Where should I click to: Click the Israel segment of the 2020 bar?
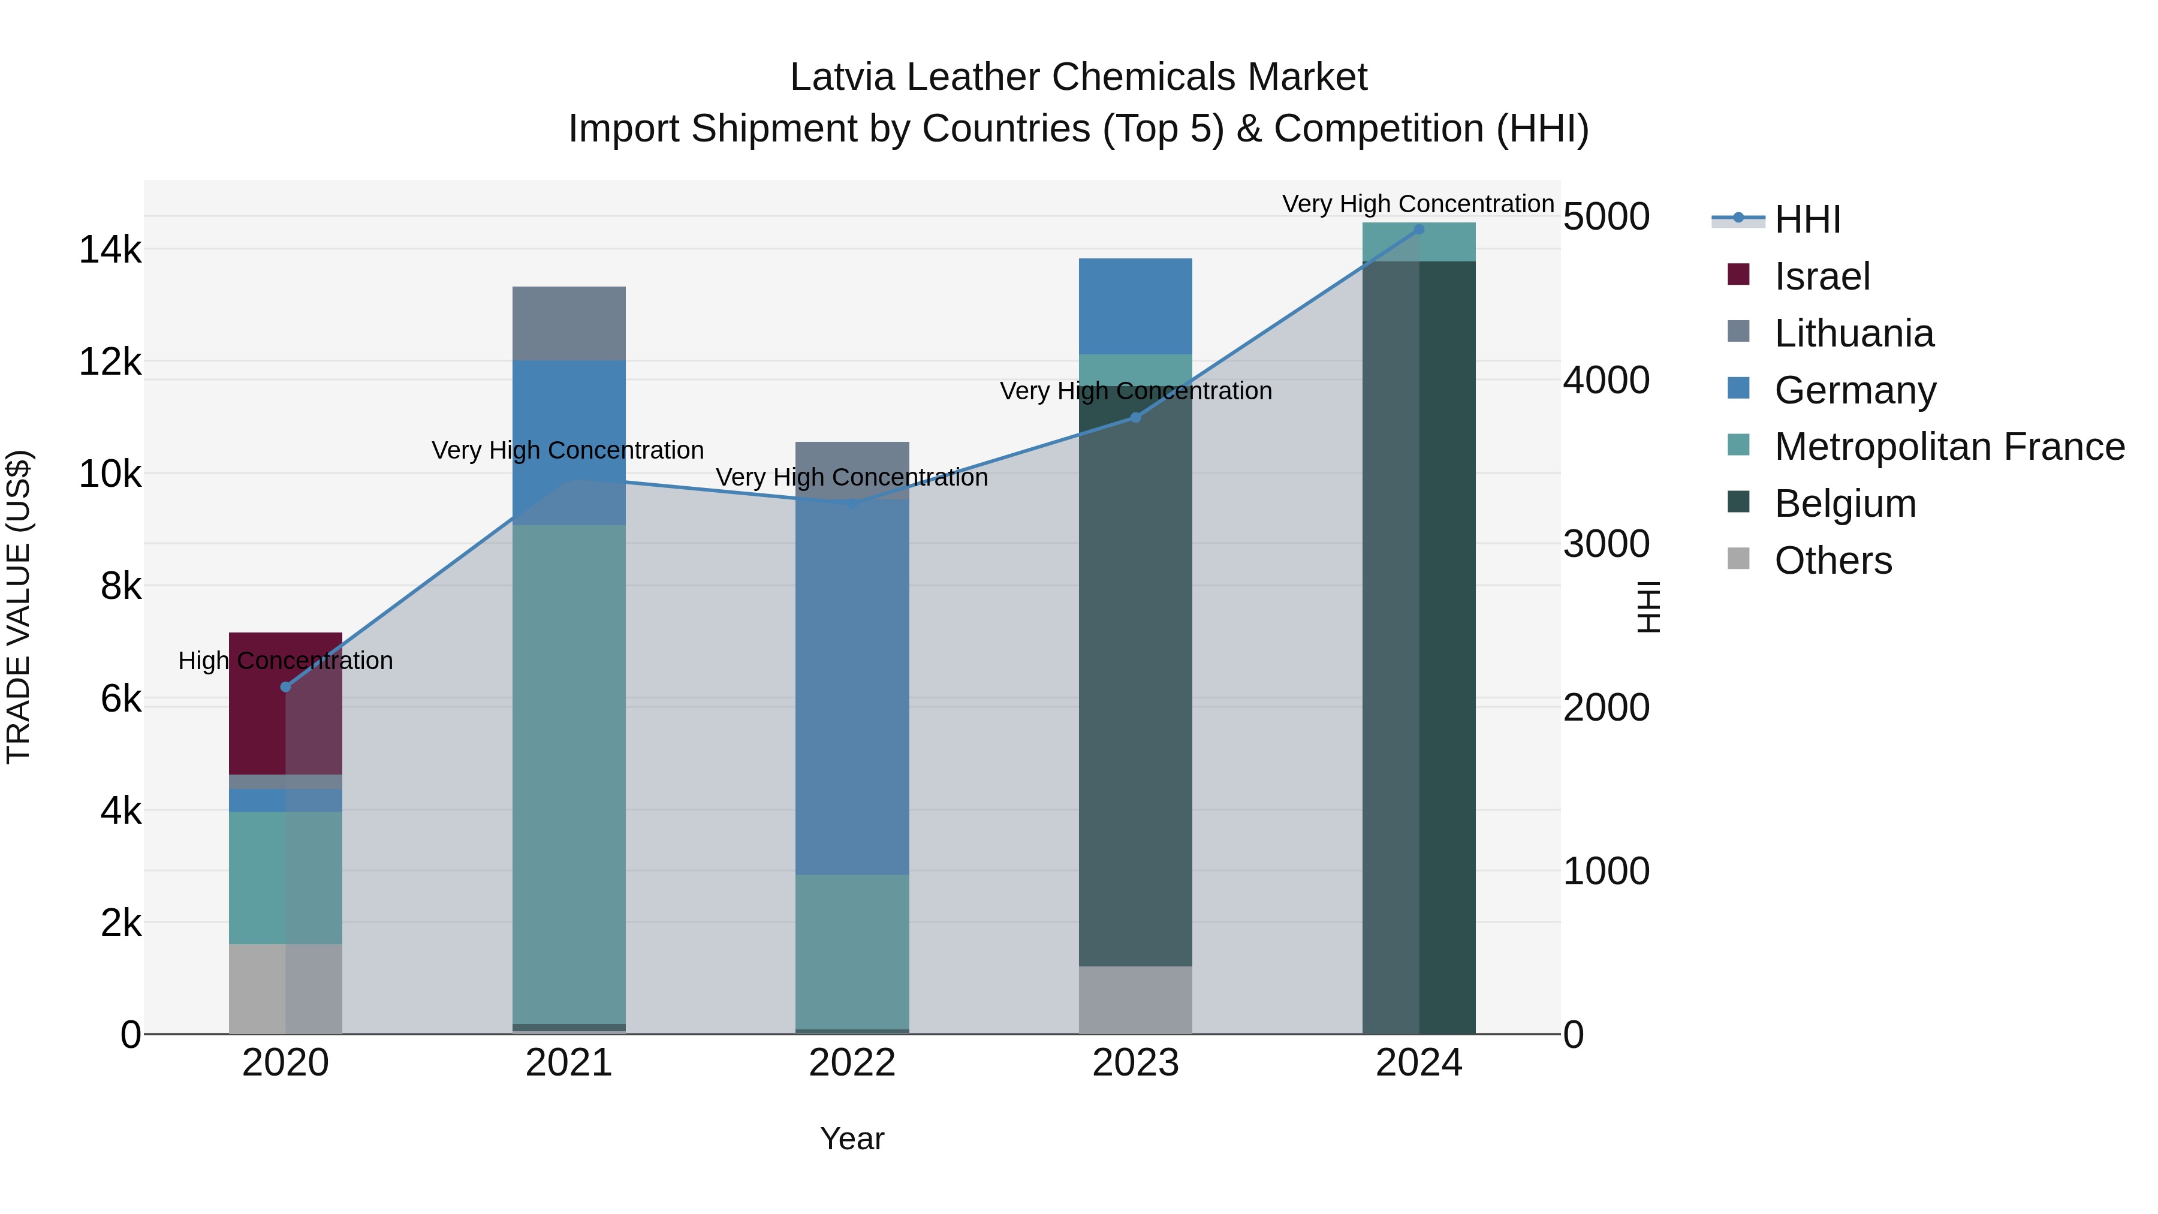[x=285, y=703]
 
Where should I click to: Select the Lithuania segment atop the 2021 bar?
[x=569, y=323]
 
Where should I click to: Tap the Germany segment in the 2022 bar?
[x=852, y=687]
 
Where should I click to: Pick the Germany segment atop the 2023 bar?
[x=1135, y=306]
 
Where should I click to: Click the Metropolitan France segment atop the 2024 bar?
[x=1418, y=242]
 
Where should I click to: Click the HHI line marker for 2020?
[x=286, y=687]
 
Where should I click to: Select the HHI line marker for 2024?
[x=1418, y=229]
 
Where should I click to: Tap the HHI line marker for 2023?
[x=1135, y=417]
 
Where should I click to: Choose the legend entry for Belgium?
[x=1844, y=504]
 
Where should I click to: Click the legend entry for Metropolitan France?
[x=1949, y=447]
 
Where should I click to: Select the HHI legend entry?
[x=1806, y=219]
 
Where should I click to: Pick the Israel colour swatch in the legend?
[x=1738, y=275]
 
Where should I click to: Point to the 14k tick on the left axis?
[x=110, y=249]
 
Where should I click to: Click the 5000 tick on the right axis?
[x=1606, y=217]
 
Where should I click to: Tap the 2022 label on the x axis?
[x=852, y=1063]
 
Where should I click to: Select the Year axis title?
[x=852, y=1138]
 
